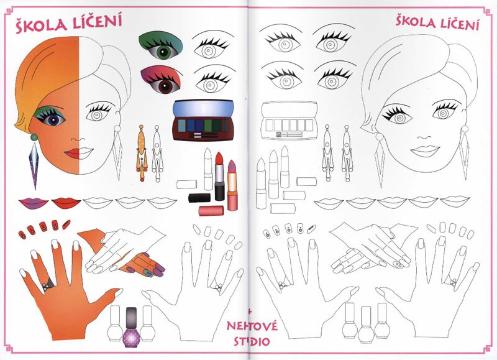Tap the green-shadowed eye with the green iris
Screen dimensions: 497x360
point(161,46)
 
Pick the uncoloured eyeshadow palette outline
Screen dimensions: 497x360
point(289,121)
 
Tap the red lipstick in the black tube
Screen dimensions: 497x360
point(219,176)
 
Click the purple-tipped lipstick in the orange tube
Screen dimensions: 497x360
point(232,185)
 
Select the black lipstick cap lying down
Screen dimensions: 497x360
point(199,198)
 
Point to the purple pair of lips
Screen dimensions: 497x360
point(34,203)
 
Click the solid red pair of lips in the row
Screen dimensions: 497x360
point(66,203)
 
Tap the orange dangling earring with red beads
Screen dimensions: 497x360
point(142,153)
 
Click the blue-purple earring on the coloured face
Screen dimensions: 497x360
point(34,161)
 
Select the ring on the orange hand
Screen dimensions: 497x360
point(48,285)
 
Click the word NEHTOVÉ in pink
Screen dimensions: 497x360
point(252,326)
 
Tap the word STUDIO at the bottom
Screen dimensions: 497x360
point(252,341)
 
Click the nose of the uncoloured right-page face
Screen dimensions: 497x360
point(424,137)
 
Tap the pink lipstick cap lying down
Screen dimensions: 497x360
point(211,211)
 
